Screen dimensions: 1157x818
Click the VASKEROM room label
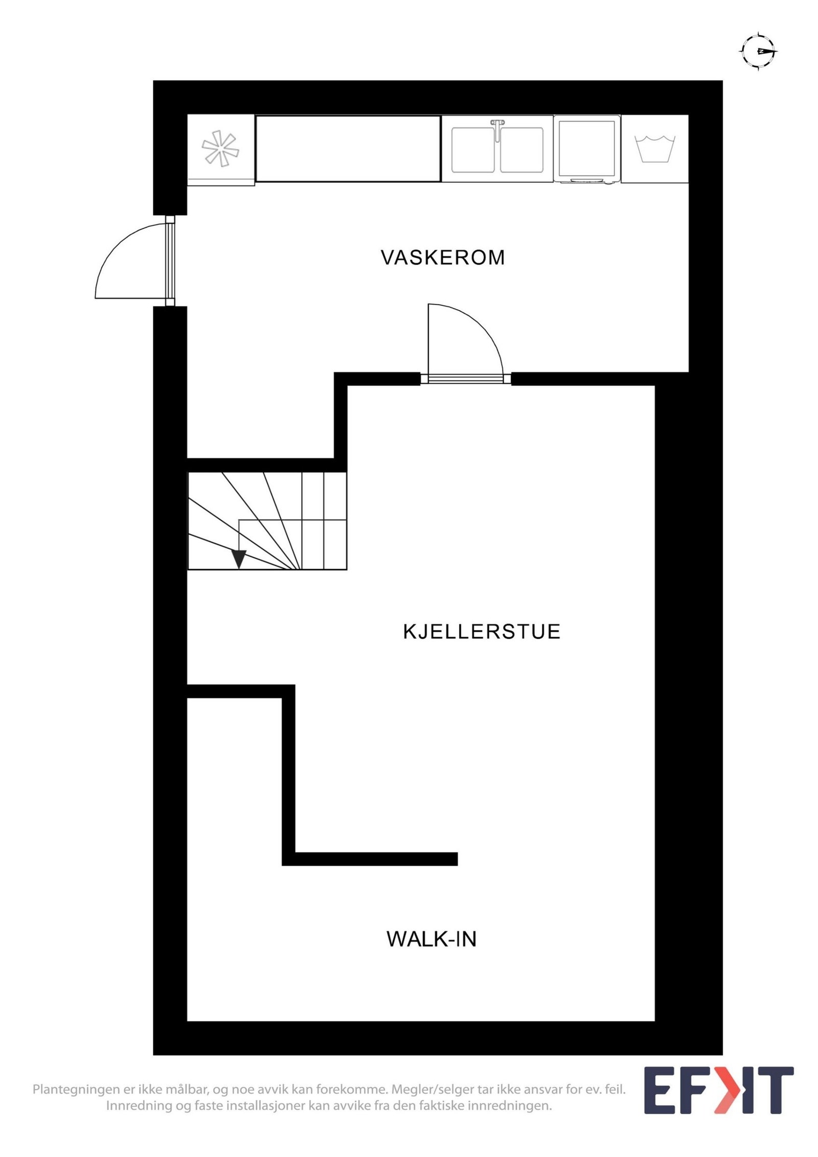click(443, 258)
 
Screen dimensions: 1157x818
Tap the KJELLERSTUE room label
click(482, 632)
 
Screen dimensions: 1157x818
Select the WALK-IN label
click(431, 939)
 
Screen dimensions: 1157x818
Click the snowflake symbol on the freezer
click(220, 149)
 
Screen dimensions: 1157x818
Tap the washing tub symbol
click(655, 149)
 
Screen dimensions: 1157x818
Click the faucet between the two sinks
click(497, 128)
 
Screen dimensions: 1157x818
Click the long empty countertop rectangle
click(348, 149)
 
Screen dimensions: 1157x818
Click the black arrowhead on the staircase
click(239, 559)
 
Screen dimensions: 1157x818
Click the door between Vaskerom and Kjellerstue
click(465, 378)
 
